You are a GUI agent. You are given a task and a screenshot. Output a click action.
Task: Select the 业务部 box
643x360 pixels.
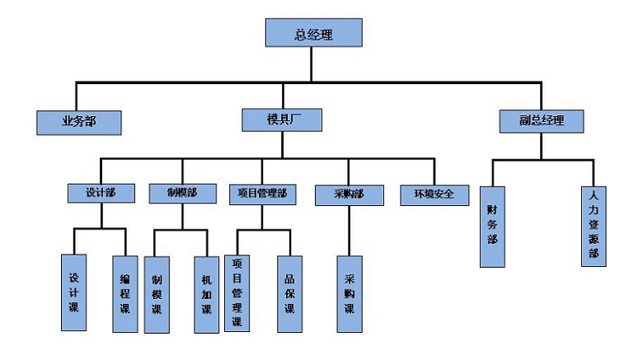[x=79, y=121]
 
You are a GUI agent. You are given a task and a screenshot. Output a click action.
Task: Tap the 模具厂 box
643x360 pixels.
[x=282, y=119]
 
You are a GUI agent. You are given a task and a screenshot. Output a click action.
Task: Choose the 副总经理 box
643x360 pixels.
[x=542, y=120]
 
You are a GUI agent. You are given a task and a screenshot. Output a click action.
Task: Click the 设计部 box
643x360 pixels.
[x=101, y=193]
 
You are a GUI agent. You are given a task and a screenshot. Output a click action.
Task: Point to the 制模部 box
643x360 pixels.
[x=181, y=193]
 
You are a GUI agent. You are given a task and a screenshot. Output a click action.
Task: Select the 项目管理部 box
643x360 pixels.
[x=261, y=194]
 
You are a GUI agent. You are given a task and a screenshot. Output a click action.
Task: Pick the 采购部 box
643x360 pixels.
[x=349, y=194]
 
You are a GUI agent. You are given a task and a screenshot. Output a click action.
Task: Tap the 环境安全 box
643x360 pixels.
[x=434, y=194]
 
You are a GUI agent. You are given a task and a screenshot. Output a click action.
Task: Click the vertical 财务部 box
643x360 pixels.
[x=492, y=227]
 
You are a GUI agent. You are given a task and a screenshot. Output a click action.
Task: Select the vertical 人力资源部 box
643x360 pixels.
[x=594, y=227]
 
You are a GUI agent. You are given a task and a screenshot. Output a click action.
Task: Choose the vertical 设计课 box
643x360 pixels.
[x=73, y=292]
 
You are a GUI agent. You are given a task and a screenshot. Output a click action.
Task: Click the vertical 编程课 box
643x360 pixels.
[x=125, y=292]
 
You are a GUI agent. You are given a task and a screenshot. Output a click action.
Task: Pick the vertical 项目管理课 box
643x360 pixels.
[x=237, y=292]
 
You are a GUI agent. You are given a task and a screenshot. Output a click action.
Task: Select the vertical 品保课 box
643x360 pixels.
[x=289, y=292]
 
